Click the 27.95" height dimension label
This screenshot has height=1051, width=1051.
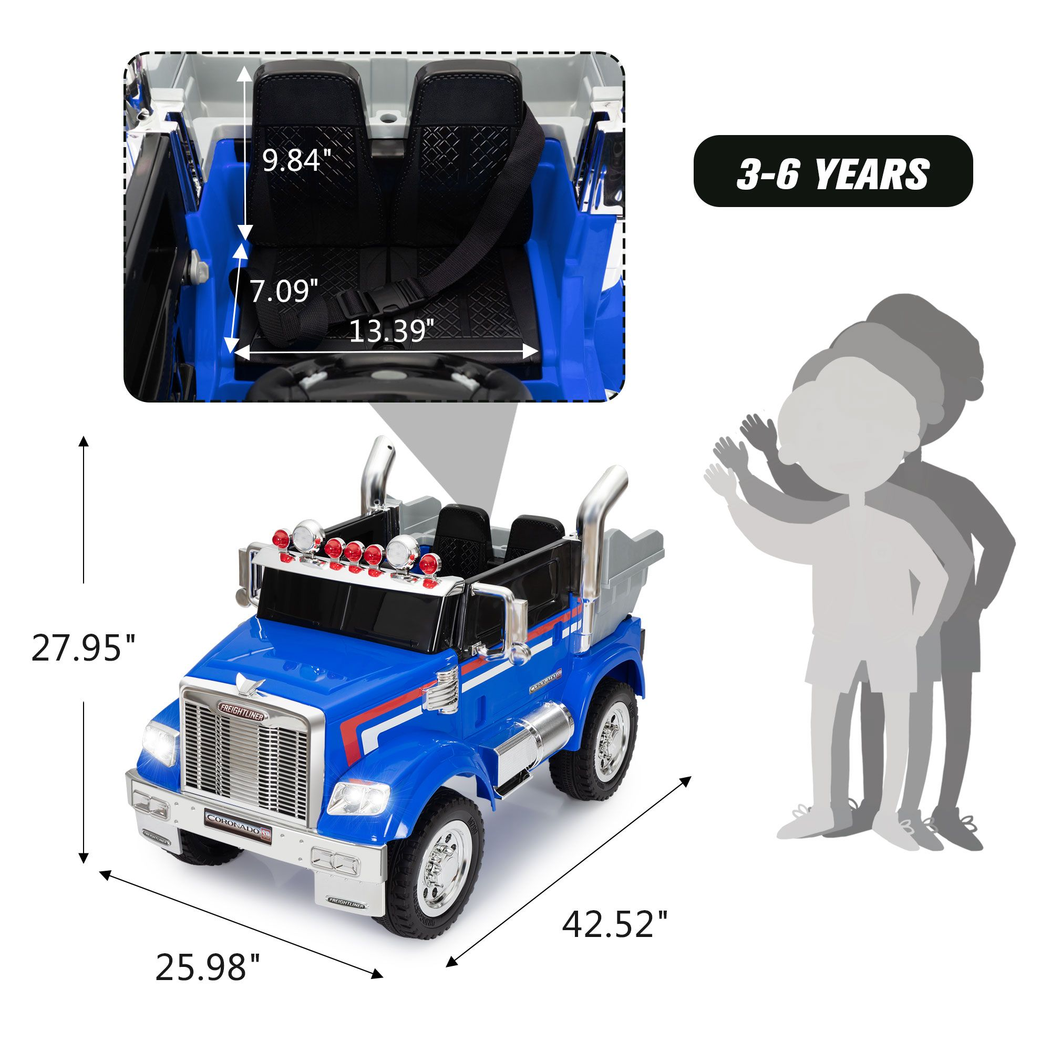tap(83, 647)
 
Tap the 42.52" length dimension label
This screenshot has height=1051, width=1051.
tap(614, 923)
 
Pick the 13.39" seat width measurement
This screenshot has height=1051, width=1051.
tap(391, 331)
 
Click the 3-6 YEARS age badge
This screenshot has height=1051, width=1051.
tap(833, 171)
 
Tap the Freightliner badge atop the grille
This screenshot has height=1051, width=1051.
tap(242, 712)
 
